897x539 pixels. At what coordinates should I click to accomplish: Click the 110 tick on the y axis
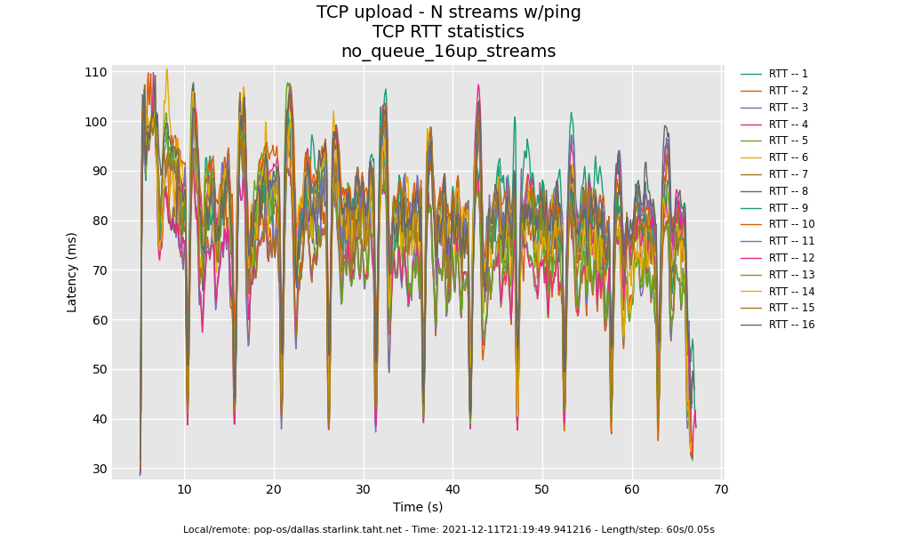point(96,72)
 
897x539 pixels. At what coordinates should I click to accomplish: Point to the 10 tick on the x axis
point(184,489)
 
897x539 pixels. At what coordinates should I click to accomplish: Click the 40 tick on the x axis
point(453,489)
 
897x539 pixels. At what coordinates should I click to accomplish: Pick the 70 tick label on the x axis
point(721,489)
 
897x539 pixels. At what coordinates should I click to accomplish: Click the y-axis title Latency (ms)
point(72,271)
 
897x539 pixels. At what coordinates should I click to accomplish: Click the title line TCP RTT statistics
point(448,32)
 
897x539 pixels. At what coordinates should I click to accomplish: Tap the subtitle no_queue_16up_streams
point(448,52)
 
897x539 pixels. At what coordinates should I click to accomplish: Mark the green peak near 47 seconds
point(514,117)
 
